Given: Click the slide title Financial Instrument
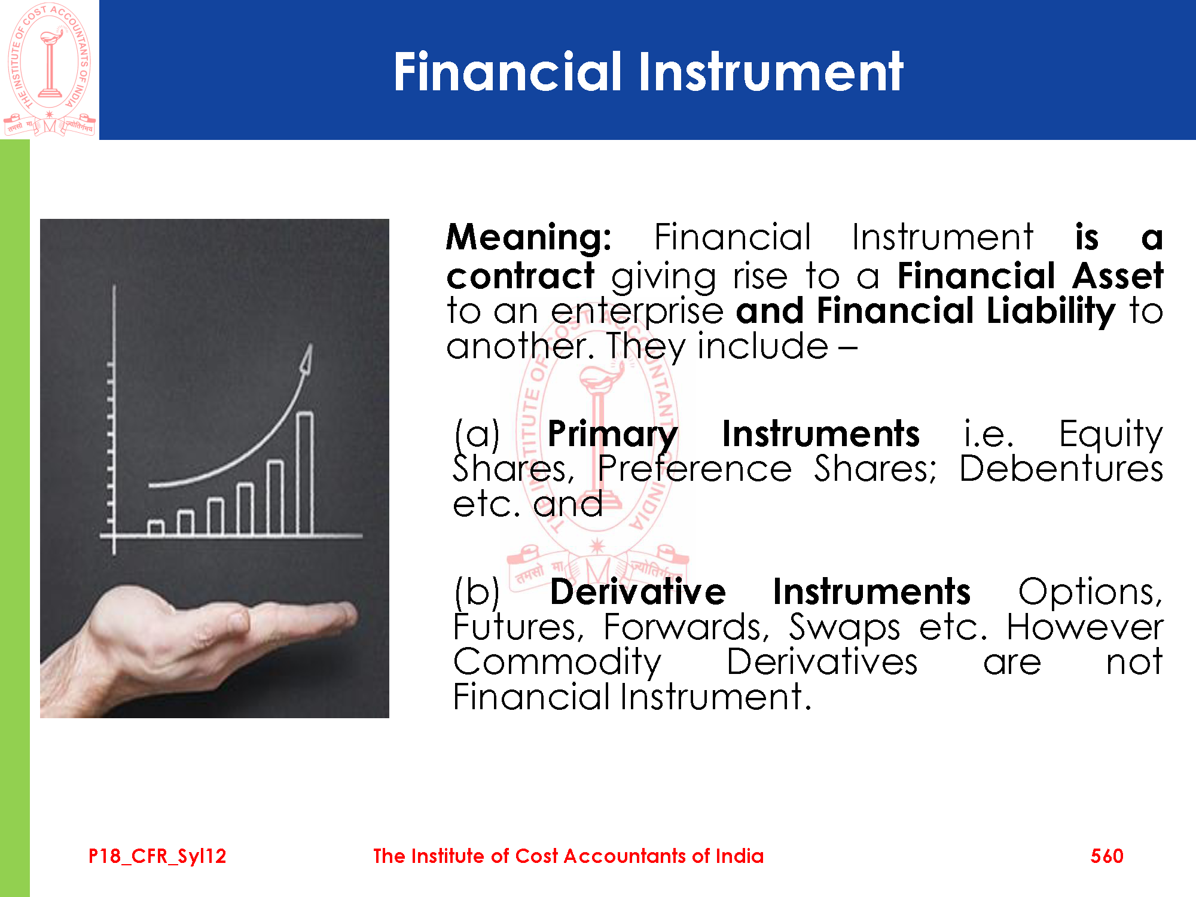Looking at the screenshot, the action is pos(648,71).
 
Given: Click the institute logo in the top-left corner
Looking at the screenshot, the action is pos(50,69).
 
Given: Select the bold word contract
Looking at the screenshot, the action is pos(520,276).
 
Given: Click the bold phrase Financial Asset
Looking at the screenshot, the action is pos(1030,276).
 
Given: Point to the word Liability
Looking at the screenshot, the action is pos(1051,312).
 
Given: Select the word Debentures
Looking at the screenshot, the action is pos(1061,468).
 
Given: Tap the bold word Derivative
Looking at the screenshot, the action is pos(638,591).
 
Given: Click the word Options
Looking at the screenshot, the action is pos(1091,593).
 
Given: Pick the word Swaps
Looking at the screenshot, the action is pos(844,628).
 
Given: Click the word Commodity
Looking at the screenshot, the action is pos(557,663).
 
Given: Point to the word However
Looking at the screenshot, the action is pos(1085,627).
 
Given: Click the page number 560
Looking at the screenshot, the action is pos(1107,856).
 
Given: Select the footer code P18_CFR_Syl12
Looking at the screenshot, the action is pos(157,856).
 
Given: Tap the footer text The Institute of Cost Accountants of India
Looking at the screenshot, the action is pos(569,856).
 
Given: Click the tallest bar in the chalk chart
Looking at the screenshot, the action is pos(305,473).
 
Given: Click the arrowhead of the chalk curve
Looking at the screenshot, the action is pos(306,358).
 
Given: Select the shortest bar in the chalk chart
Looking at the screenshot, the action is pos(156,527).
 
